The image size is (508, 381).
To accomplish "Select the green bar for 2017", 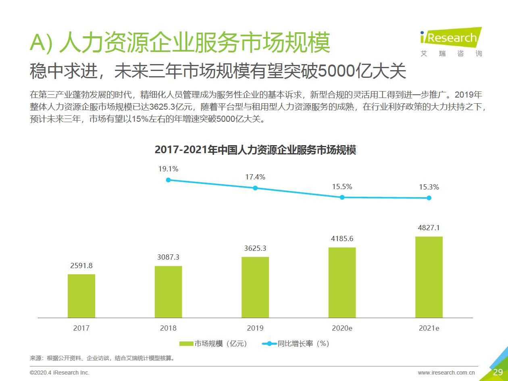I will point(81,296).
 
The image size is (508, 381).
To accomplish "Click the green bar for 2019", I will point(255,287).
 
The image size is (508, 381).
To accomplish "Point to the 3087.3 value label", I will point(168,257).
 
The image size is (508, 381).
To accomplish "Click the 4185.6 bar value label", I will point(342,238).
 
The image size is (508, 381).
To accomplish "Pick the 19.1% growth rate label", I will point(168,169).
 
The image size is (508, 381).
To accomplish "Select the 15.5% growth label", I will point(342,187).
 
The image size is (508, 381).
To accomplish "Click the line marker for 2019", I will point(255,188).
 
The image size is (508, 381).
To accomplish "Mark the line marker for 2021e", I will point(429,198).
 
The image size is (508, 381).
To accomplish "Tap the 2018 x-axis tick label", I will point(168,328).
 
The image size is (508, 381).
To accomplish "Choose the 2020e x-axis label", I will point(342,328).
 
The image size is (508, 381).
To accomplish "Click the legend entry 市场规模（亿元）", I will point(213,344).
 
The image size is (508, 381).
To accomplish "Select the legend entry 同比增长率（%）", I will point(296,344).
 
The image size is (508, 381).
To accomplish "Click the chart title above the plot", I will point(255,150).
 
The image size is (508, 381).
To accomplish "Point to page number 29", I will point(498,372).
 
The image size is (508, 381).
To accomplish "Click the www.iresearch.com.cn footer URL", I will point(446,373).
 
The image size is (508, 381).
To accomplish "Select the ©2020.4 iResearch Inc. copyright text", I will point(60,373).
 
